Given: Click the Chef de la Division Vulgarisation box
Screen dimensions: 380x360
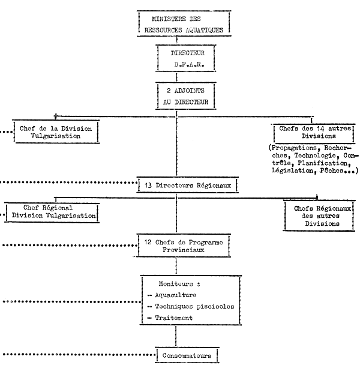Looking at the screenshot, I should (x=56, y=131).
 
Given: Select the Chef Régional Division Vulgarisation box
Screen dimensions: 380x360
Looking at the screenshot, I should (x=52, y=212).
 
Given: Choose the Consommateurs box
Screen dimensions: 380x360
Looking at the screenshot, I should (x=187, y=355).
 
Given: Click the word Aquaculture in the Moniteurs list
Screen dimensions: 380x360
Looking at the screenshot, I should (x=176, y=295).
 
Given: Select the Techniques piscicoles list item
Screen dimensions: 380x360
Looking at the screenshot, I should (x=192, y=306).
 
